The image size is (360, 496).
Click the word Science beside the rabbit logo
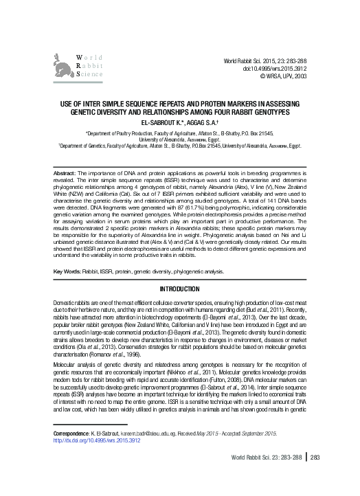click(x=90, y=73)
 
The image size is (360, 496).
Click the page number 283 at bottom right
click(x=316, y=477)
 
